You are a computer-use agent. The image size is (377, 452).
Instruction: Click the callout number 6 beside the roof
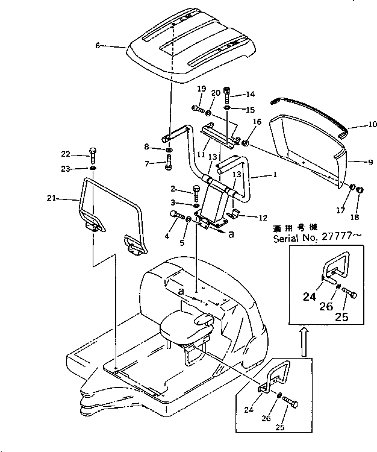point(98,45)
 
